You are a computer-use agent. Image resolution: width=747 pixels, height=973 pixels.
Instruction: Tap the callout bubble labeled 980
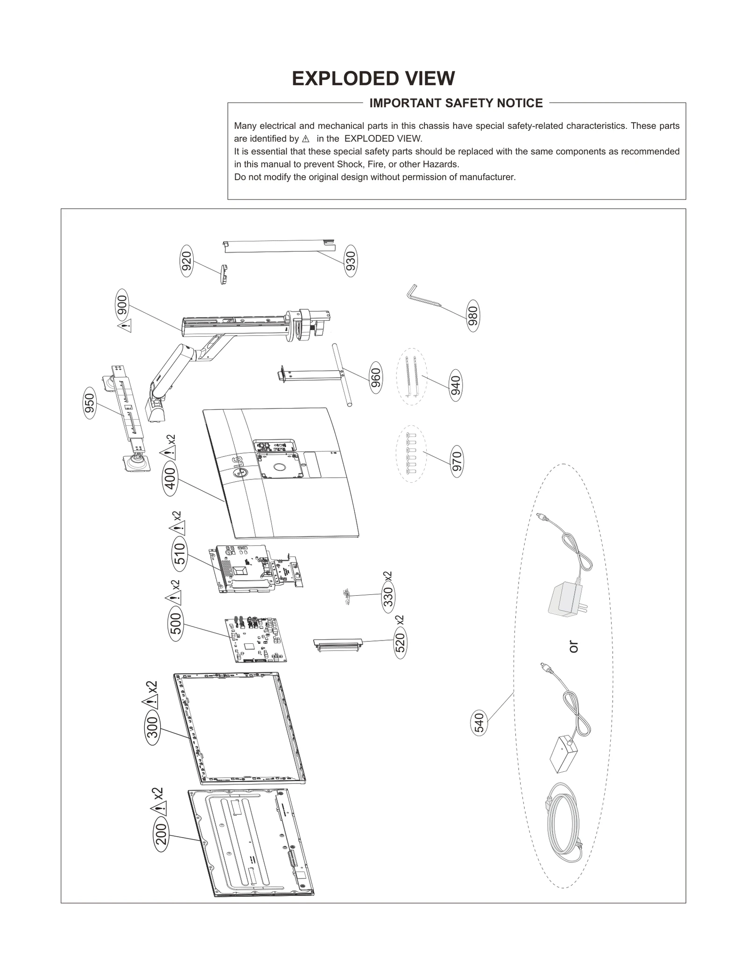[473, 316]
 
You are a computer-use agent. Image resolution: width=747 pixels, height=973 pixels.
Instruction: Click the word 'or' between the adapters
[574, 647]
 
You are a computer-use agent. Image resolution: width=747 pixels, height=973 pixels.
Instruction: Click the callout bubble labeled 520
[400, 642]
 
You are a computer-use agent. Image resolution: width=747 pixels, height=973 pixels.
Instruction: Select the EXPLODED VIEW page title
[373, 78]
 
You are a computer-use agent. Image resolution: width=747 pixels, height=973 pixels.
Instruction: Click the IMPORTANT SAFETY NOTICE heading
[456, 103]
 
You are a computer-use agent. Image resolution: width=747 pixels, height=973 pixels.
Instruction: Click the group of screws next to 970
[411, 453]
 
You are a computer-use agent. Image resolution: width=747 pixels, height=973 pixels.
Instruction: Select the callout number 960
[375, 378]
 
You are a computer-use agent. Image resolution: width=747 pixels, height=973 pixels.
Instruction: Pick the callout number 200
[161, 834]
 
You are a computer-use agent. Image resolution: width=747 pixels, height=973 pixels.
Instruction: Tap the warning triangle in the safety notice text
[306, 139]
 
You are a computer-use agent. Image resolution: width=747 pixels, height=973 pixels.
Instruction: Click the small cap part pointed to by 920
[224, 274]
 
